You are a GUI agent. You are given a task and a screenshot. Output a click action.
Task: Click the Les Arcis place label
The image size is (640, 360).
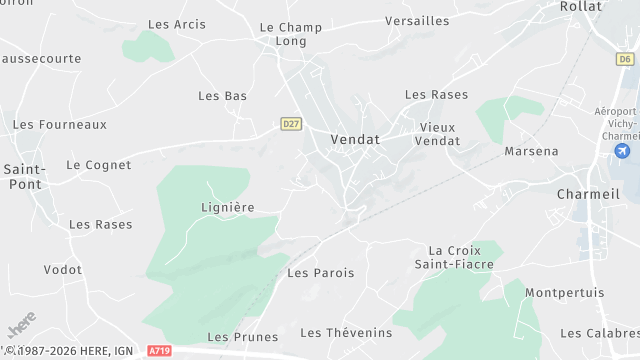pos(170,24)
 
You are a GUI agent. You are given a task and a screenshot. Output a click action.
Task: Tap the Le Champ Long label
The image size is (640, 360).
pos(290,34)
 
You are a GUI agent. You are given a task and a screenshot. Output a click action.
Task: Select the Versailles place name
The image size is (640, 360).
pos(417,20)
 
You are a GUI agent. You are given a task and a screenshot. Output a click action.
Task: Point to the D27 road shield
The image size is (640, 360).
pos(291,124)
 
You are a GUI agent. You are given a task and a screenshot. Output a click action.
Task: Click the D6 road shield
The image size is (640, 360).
pos(625,59)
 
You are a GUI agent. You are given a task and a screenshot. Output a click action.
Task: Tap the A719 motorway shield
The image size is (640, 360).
pos(159,351)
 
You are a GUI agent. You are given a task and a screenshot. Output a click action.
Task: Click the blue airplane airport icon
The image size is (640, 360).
pos(623,151)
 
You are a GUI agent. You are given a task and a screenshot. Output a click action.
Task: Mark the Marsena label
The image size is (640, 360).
pos(531,151)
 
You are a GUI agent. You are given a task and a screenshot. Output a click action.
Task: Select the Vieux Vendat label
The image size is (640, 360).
pos(437,134)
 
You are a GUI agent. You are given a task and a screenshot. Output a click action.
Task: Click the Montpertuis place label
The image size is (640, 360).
pos(564,293)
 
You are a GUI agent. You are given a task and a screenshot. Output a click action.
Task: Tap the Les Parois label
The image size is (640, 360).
pos(314,272)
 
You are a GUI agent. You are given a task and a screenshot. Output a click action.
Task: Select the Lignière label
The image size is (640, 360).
pos(228,207)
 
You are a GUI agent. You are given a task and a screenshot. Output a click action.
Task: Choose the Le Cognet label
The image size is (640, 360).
pos(99,164)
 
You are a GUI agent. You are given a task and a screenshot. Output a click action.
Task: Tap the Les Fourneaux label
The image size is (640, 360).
pos(59,125)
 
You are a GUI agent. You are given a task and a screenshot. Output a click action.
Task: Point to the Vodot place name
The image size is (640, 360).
pos(63,270)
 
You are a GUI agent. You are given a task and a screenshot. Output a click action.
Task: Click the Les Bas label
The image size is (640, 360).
pos(222,96)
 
